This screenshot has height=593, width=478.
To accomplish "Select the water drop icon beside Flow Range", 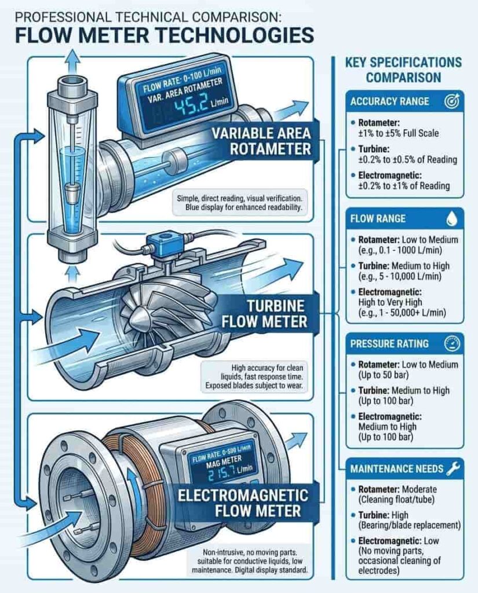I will pos(450,219).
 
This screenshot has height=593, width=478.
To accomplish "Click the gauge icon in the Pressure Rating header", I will pos(450,343).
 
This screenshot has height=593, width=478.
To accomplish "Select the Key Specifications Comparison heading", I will pos(403,69).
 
